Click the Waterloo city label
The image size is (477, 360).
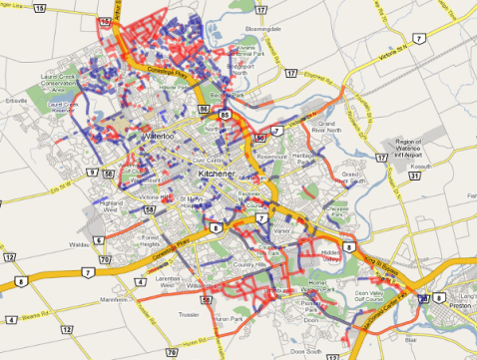(x=159, y=134)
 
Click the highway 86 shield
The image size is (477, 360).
(x=205, y=107)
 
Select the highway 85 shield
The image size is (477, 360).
(x=226, y=115)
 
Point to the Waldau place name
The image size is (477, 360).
(x=80, y=242)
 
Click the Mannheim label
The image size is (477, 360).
(x=115, y=298)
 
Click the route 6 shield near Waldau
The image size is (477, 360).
(x=99, y=240)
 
